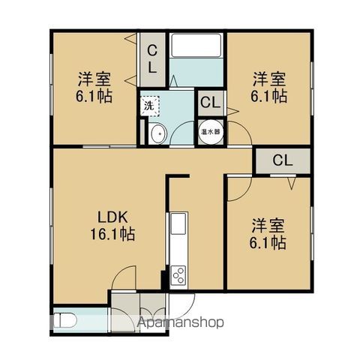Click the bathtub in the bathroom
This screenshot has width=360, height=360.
click(195, 48)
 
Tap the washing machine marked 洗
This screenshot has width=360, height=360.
click(149, 106)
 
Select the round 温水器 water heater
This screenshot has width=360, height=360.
click(211, 131)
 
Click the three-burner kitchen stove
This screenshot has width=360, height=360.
click(179, 275)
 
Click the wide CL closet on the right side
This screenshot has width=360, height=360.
click(282, 160)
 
